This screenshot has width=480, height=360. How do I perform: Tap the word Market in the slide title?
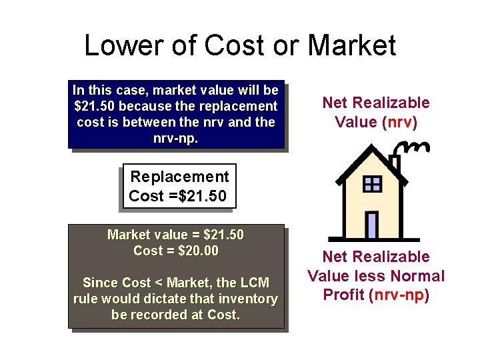[351, 45]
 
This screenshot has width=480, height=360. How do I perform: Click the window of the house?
[372, 184]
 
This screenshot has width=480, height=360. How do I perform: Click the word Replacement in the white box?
[179, 177]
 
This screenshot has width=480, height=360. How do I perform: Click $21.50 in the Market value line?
[223, 235]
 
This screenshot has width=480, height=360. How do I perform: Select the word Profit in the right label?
[343, 295]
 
